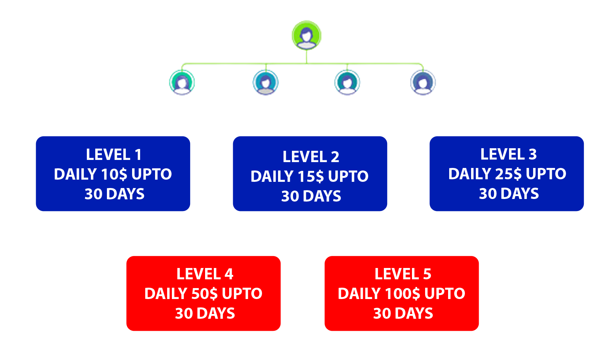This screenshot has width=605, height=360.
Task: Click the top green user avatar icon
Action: pyautogui.click(x=307, y=36)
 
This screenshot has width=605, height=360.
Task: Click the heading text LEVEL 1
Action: pyautogui.click(x=113, y=155)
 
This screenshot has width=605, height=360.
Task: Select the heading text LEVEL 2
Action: pyautogui.click(x=311, y=157)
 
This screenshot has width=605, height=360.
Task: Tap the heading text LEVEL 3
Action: pyautogui.click(x=508, y=154)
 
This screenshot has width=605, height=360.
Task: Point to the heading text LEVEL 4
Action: pyautogui.click(x=205, y=274)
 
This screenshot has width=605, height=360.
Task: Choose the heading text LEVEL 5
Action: pyautogui.click(x=403, y=274)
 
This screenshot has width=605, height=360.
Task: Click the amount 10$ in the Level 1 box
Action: pyautogui.click(x=114, y=175)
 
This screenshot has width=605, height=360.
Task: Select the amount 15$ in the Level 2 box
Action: pyautogui.click(x=311, y=177)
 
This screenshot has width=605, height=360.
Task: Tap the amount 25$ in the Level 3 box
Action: pyautogui.click(x=508, y=174)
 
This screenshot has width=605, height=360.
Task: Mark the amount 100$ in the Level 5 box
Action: pyautogui.click(x=402, y=294)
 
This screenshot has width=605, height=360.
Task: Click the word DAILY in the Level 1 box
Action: pyautogui.click(x=76, y=175)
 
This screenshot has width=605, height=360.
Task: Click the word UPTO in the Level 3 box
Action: pyautogui.click(x=546, y=174)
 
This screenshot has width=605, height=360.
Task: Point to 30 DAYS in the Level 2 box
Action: pyautogui.click(x=311, y=196)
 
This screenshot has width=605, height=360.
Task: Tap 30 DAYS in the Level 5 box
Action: pyautogui.click(x=403, y=314)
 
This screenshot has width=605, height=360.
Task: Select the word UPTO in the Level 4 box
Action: pyautogui.click(x=242, y=294)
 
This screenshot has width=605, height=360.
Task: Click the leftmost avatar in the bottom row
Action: pyautogui.click(x=181, y=82)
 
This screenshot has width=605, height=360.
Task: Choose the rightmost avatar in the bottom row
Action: pyautogui.click(x=423, y=82)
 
